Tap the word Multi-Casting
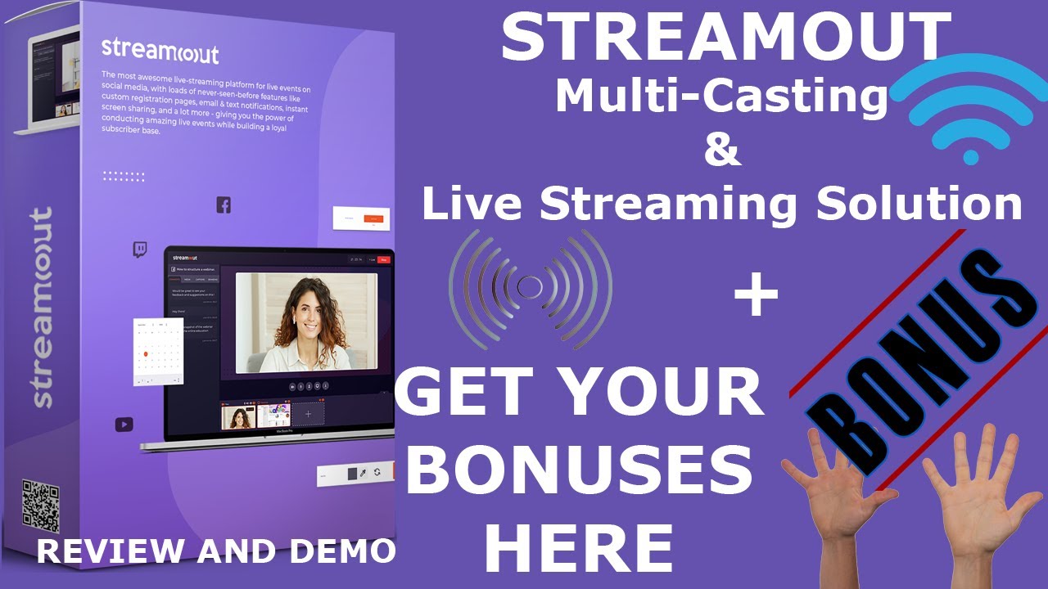pos(721,97)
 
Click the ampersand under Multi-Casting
pos(721,151)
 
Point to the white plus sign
pos(756,297)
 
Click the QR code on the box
pos(41,503)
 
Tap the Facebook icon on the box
pos(224,205)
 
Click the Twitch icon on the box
pos(140,250)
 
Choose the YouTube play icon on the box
pos(124,424)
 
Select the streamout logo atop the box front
pos(160,51)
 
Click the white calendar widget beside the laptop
pos(158,353)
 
